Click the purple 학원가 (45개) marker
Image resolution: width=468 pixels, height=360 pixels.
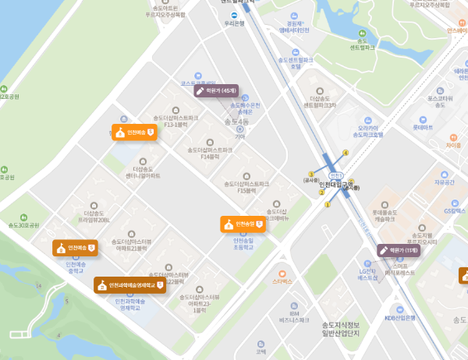pyautogui.click(x=216, y=90)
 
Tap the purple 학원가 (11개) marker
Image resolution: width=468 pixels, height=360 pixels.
pyautogui.click(x=399, y=250)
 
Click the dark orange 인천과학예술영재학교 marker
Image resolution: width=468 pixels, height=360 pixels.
pyautogui.click(x=130, y=284)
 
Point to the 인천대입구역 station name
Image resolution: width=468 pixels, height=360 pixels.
pyautogui.click(x=336, y=185)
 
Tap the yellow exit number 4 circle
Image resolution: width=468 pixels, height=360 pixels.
pyautogui.click(x=346, y=153)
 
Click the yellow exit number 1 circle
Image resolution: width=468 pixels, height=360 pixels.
pyautogui.click(x=327, y=206)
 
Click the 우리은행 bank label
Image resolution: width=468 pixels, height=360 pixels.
pyautogui.click(x=234, y=23)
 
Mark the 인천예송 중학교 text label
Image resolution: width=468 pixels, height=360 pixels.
pyautogui.click(x=75, y=266)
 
